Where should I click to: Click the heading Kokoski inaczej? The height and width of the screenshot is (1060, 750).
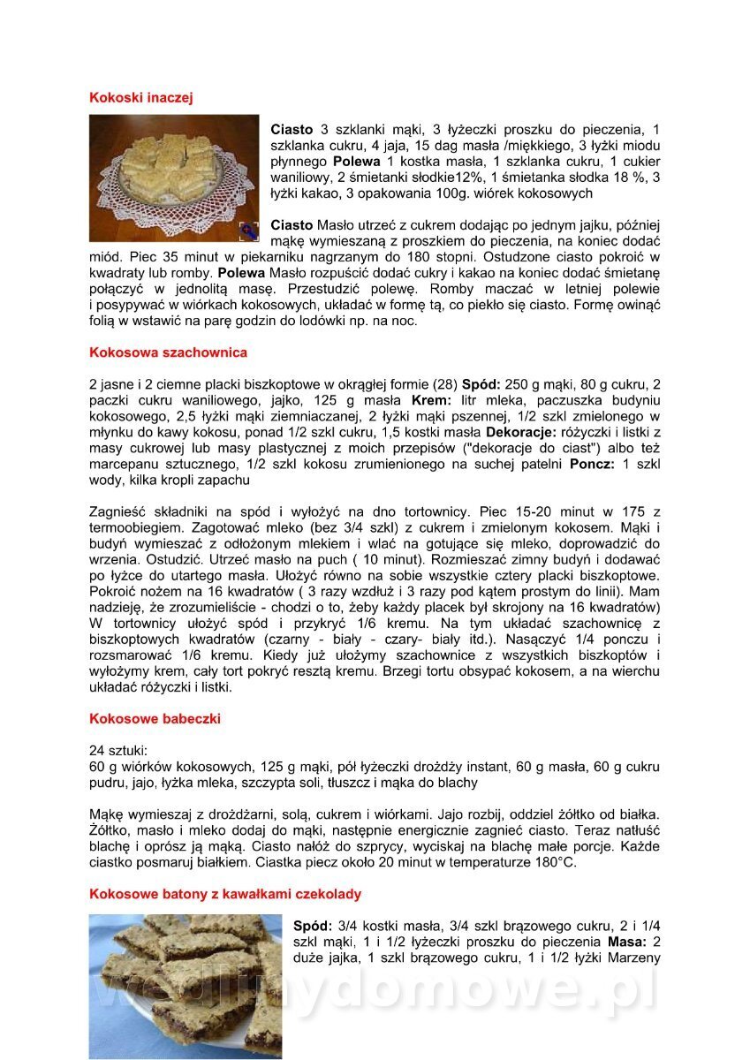[140, 98]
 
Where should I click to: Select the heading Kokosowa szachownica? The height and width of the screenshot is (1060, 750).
[168, 352]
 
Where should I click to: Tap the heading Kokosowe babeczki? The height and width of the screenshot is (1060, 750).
[155, 719]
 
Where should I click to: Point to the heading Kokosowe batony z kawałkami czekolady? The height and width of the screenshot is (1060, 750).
[225, 894]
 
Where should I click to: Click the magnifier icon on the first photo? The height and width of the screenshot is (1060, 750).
[248, 231]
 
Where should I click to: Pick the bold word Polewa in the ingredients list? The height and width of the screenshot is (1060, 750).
[356, 162]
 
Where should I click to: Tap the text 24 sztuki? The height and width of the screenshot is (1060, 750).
[119, 750]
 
